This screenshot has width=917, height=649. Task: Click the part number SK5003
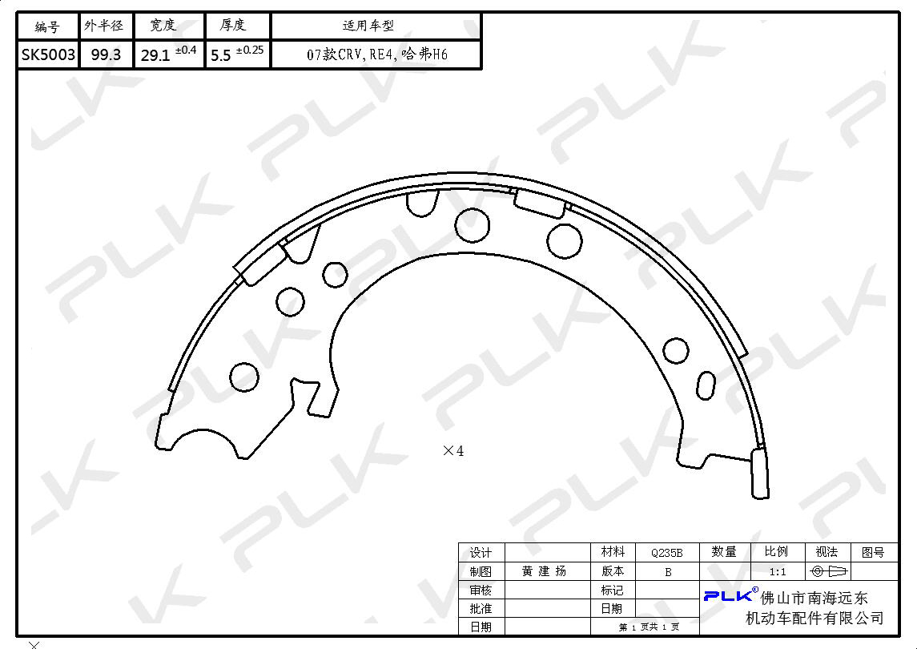49,55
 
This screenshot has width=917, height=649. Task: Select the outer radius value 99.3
106,55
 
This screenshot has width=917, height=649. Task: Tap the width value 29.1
155,55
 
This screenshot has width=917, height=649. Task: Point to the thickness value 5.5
220,55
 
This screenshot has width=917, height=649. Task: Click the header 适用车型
368,26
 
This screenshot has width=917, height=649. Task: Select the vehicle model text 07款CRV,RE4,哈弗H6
377,54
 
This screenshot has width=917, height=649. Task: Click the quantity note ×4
453,450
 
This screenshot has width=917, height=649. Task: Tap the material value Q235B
666,552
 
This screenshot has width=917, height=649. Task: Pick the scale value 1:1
777,572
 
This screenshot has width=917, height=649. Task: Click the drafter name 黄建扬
544,571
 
